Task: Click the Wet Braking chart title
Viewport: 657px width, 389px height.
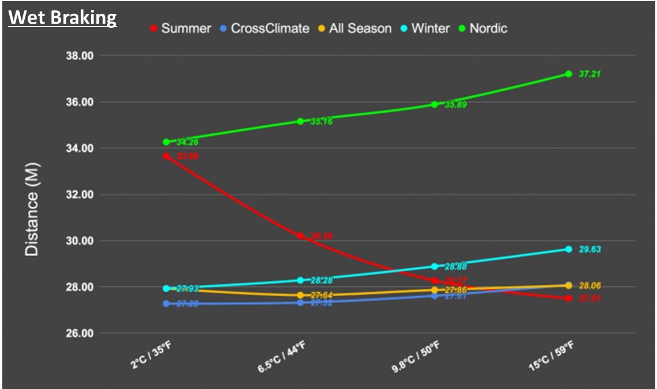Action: (62, 17)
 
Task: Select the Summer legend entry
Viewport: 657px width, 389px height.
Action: (181, 28)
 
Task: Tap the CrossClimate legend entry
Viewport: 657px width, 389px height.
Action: (264, 28)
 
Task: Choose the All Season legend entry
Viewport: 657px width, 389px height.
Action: (354, 28)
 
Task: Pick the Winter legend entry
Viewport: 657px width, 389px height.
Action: (424, 28)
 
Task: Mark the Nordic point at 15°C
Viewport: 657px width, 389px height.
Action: (569, 74)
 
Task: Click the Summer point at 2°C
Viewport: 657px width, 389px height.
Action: (166, 156)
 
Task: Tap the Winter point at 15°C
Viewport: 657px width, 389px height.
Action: (569, 249)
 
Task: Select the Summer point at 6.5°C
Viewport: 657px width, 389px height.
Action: (300, 236)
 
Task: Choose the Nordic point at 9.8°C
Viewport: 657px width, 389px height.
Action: (435, 104)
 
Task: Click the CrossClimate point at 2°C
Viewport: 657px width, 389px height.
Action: (166, 304)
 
